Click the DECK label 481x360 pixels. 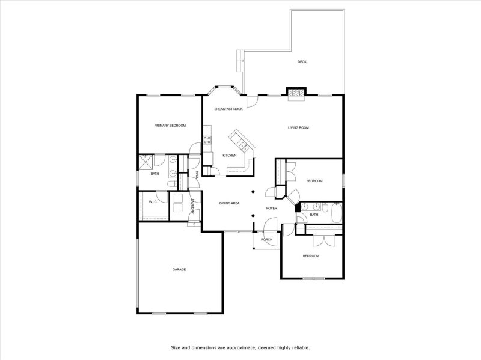(x=302, y=62)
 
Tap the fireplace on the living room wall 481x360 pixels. (x=295, y=93)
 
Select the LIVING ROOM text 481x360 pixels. (x=298, y=127)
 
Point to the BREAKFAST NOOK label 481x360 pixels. (x=228, y=109)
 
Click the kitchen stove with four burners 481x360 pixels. (x=207, y=140)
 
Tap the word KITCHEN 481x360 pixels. (x=230, y=156)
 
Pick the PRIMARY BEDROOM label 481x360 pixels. (x=170, y=126)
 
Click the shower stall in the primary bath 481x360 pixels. (x=146, y=160)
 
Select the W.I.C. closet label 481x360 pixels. (x=153, y=202)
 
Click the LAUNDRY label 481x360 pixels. (x=192, y=206)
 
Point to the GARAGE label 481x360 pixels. (x=179, y=269)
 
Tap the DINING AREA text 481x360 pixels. (x=229, y=203)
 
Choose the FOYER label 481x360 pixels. (x=272, y=208)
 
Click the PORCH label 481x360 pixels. (x=266, y=239)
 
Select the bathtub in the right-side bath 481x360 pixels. (x=335, y=213)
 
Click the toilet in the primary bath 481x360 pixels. (x=170, y=184)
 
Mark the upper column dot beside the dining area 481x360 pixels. (x=253, y=192)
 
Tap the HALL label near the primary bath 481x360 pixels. (x=197, y=174)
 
